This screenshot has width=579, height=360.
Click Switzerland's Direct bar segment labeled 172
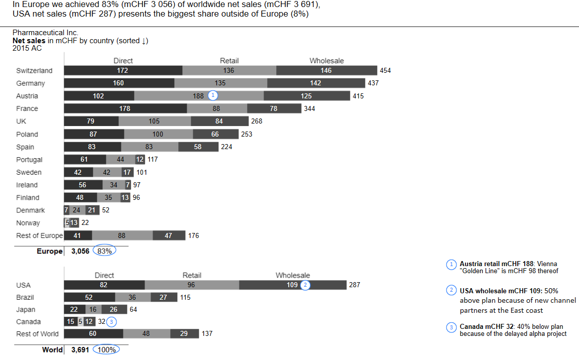point(123,70)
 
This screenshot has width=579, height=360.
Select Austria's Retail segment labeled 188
point(199,95)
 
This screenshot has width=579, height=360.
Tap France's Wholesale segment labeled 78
point(274,108)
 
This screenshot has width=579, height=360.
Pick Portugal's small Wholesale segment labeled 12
point(140,159)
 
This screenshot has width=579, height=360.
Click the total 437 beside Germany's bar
point(374,83)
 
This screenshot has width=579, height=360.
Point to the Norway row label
point(28,223)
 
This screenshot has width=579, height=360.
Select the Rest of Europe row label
point(40,235)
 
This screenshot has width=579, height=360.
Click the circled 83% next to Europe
point(104,251)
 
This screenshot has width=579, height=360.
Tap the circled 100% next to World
point(106,349)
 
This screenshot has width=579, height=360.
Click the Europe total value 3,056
point(80,251)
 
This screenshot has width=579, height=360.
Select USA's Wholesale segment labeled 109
point(292,285)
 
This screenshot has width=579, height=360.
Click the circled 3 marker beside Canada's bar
point(112,322)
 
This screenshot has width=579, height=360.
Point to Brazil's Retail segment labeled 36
point(133,297)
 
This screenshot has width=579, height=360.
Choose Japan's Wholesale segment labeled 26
point(113,309)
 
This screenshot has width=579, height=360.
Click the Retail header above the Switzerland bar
point(229,61)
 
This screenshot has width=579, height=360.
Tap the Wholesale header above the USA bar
point(293,275)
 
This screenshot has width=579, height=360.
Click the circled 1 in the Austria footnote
point(452,264)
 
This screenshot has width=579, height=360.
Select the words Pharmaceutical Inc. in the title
point(46,33)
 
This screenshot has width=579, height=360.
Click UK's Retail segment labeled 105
point(154,121)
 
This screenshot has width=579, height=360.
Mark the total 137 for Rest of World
point(206,333)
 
